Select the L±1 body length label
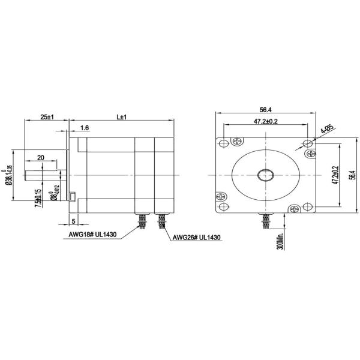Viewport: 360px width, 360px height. [122, 117]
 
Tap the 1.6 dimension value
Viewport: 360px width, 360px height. [84, 128]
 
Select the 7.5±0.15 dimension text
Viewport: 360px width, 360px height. [38, 199]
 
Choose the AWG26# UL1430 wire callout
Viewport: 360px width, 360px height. [197, 238]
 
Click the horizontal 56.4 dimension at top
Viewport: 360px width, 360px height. [265, 110]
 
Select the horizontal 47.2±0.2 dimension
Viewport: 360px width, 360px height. [265, 122]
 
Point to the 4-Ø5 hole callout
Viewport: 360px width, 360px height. [326, 129]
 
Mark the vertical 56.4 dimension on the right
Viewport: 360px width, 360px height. [352, 175]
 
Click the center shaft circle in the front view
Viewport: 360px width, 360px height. [265, 175]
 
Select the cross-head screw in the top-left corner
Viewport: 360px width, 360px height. [238, 142]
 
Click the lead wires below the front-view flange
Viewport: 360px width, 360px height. [265, 221]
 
